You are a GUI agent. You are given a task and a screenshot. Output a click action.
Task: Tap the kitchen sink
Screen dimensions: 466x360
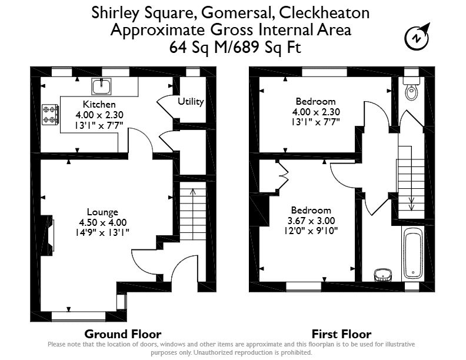pos(102,86)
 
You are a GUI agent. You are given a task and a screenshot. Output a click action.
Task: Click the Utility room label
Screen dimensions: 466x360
pos(191,102)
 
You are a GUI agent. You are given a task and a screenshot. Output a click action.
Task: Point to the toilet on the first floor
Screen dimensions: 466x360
pos(412,88)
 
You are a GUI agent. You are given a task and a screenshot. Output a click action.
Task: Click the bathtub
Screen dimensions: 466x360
pos(413,253)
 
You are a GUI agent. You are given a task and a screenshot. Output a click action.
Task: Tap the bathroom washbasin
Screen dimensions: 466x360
pos(383,275)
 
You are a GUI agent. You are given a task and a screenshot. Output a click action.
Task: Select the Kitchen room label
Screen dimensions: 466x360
pos(99,104)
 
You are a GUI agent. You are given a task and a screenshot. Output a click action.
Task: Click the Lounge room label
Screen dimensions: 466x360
pos(102,212)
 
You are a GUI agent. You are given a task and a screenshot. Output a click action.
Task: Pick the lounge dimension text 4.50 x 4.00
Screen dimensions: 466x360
pos(103,222)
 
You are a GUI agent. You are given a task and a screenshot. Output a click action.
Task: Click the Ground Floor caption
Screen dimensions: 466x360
pos(123,334)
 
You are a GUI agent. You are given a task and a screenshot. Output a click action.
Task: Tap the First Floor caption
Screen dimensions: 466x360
pos(341,334)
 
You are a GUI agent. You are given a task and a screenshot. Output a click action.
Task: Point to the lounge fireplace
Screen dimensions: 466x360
pos(48,235)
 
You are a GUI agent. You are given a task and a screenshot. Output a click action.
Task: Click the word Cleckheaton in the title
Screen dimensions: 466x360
pos(325,13)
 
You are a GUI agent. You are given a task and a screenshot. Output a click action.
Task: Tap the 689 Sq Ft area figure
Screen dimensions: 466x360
pos(267,47)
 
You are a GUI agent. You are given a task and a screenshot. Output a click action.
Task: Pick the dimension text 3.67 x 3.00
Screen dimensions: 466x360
pos(311,221)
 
